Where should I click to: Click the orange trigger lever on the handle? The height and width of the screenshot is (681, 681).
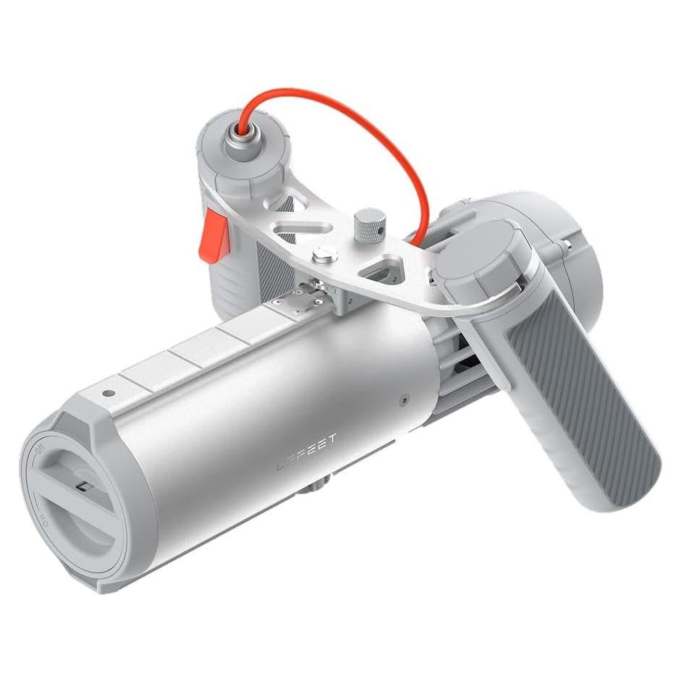coord(211,234)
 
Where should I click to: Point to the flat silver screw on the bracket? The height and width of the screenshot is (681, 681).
coord(323,254)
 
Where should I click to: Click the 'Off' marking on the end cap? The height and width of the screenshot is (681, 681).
coord(41,455)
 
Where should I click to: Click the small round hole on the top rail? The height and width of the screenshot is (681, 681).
coord(107,394)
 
